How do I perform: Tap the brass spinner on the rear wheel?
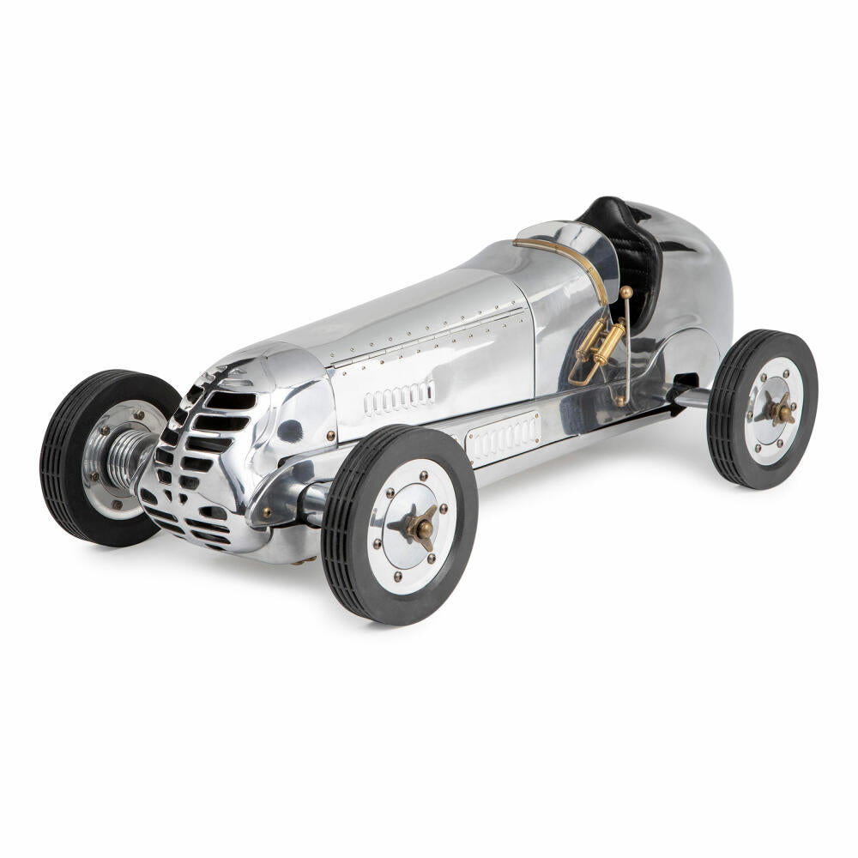(x=780, y=412)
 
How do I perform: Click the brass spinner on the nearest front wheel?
(x=421, y=528)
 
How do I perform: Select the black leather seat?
(x=631, y=249)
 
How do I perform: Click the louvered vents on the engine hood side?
(x=399, y=396)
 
